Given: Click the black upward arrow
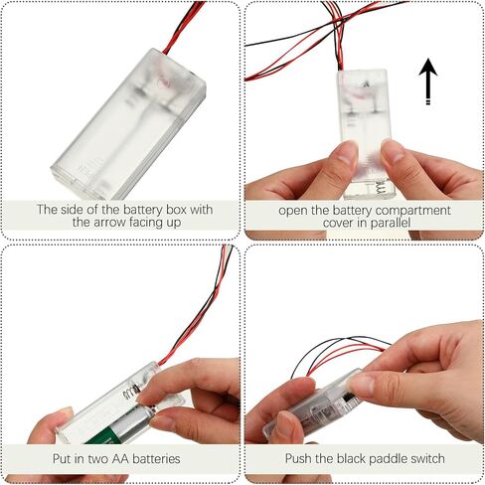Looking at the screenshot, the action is point(428,81).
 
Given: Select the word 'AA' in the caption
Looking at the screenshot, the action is point(120,459).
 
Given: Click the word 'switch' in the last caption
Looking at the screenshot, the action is point(427,458).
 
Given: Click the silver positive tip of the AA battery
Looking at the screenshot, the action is point(152,410).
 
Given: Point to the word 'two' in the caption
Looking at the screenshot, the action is point(97,459).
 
